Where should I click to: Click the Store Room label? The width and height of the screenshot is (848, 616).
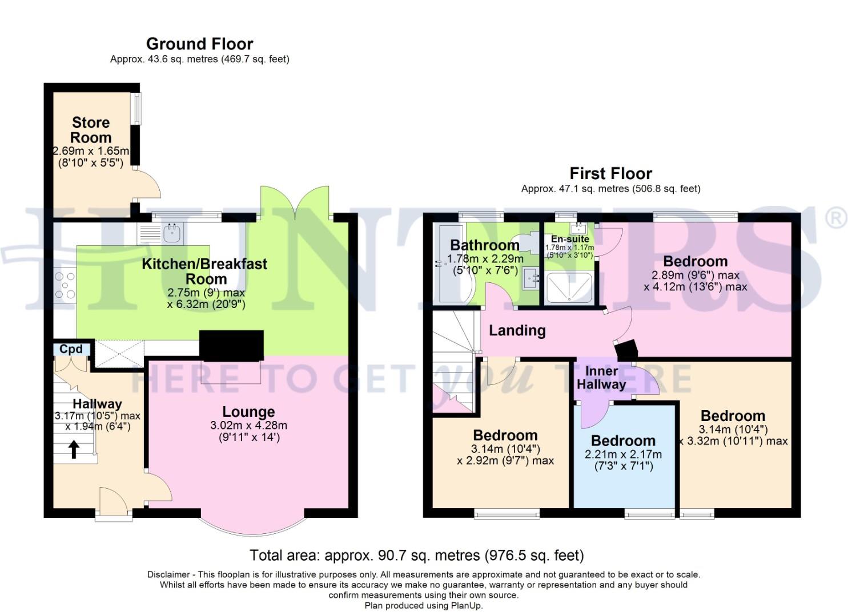91,130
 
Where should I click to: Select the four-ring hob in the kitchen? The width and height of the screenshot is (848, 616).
65,285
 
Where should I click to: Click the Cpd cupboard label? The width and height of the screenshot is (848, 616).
71,349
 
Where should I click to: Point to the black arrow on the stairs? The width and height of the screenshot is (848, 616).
74,449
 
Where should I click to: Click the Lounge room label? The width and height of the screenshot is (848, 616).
248,412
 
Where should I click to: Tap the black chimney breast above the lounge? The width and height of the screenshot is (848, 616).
231,345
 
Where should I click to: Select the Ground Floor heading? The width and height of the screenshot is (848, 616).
199,44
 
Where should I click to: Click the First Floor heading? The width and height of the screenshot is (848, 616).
610,173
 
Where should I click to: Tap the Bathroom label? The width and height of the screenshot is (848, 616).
485,245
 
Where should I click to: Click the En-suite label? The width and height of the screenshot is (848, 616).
570,239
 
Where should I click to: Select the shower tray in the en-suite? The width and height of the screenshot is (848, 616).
569,287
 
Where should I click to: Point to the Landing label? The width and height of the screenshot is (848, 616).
517,331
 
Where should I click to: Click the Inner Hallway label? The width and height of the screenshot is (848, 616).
601,377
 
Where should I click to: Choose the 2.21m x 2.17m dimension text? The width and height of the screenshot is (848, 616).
623,455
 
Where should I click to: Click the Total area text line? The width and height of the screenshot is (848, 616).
417,555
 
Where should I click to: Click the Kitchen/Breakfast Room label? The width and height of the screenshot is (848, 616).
204,271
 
